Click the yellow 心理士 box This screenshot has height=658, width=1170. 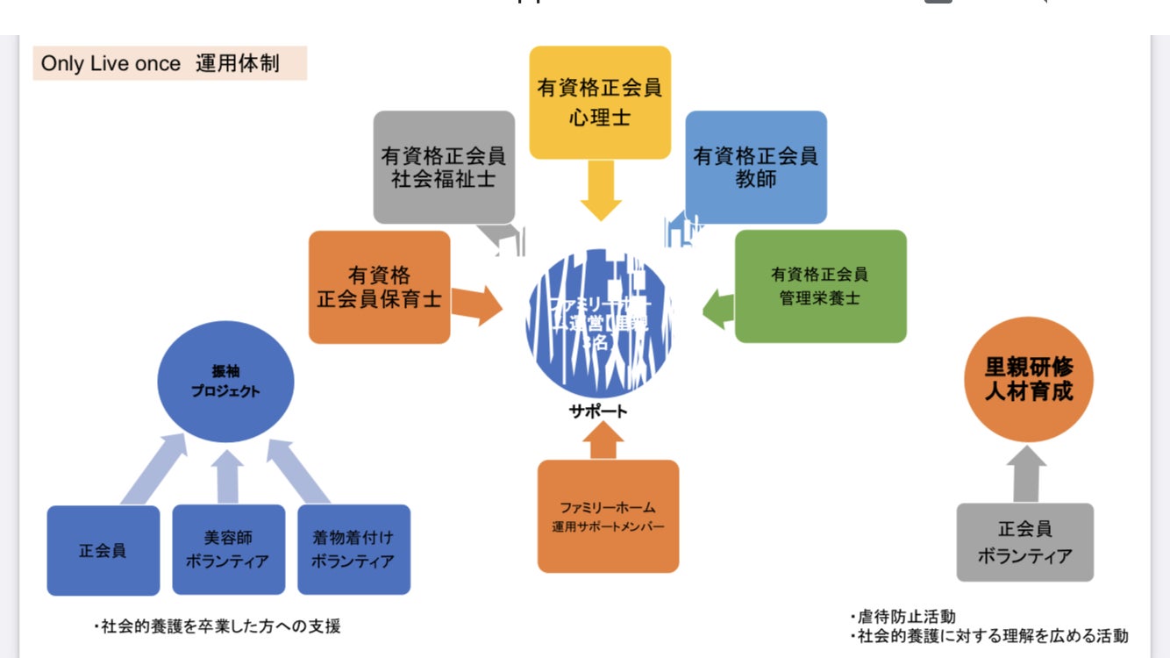click(600, 102)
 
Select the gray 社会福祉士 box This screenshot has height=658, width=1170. click(444, 167)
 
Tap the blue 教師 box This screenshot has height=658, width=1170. click(756, 167)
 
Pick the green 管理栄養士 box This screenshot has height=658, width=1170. click(820, 286)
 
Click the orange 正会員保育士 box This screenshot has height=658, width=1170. click(380, 287)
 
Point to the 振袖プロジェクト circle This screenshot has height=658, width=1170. click(225, 382)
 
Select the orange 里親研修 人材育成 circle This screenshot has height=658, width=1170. click(1029, 378)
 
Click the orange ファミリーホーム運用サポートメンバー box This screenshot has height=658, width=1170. click(608, 516)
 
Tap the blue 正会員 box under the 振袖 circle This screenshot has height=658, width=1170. click(103, 551)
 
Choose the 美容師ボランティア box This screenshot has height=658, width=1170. click(229, 550)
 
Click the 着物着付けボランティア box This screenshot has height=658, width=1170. click(353, 550)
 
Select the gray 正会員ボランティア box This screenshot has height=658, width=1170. click(1024, 542)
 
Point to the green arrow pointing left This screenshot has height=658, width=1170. click(718, 309)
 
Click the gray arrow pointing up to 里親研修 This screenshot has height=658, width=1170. click(1025, 474)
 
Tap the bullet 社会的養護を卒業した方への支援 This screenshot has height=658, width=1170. click(217, 626)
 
